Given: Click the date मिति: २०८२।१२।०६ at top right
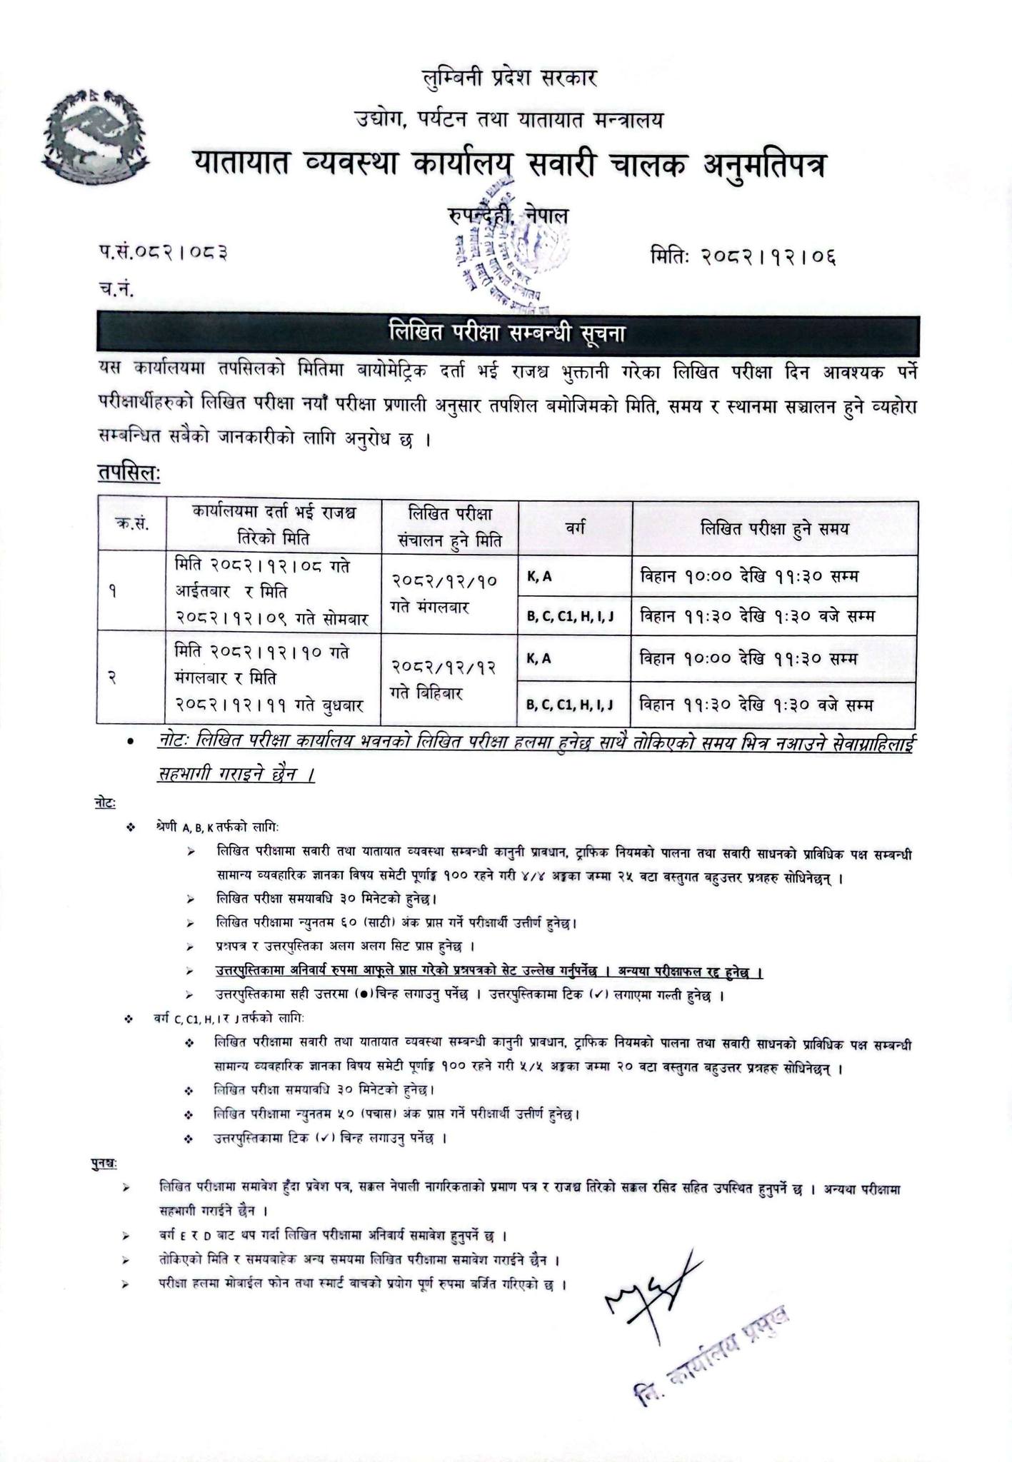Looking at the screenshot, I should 742,255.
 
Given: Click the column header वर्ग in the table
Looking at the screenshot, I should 575,528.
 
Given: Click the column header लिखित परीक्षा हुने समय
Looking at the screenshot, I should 774,528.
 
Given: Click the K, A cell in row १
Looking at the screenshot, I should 540,576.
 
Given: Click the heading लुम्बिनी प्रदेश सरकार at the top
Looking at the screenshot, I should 508,77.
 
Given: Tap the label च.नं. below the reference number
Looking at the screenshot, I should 115,289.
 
